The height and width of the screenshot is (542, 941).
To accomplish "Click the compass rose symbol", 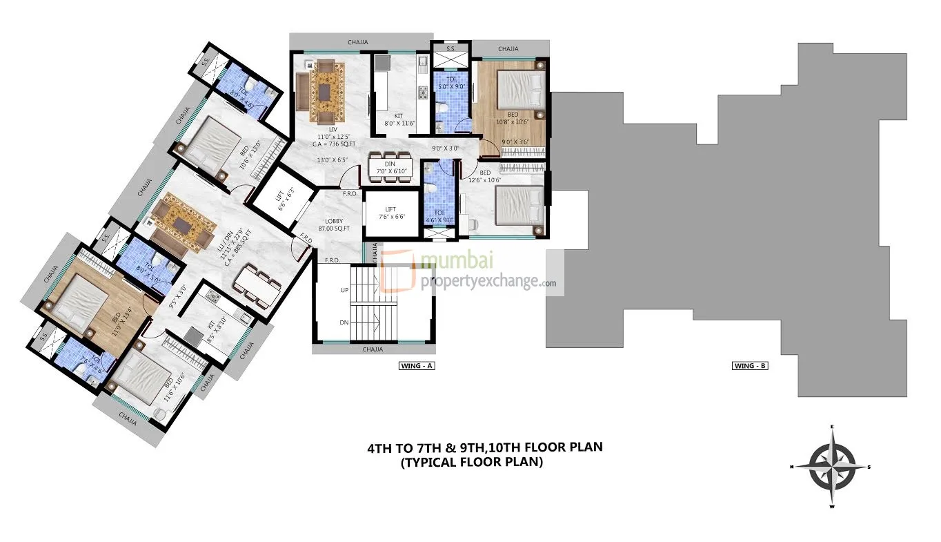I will pyautogui.click(x=832, y=467).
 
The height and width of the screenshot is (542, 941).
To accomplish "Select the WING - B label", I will pyautogui.click(x=750, y=366).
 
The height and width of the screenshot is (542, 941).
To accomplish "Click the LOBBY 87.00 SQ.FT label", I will pyautogui.click(x=335, y=224).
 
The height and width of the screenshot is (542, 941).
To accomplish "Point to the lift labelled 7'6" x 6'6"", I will pyautogui.click(x=391, y=213).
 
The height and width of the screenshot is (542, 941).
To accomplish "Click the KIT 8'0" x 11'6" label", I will pyautogui.click(x=398, y=120).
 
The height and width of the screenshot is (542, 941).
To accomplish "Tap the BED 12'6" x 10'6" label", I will pyautogui.click(x=485, y=176).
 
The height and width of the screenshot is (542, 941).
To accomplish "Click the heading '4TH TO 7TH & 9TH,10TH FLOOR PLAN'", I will pyautogui.click(x=484, y=447).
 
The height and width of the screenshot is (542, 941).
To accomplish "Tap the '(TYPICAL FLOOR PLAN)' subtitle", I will pyautogui.click(x=471, y=463).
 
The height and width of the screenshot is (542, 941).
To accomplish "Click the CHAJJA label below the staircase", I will pyautogui.click(x=373, y=349).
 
